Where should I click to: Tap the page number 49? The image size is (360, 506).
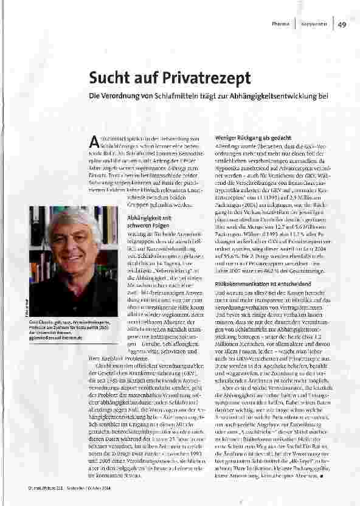[341, 24]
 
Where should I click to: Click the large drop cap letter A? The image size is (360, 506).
[93, 142]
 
